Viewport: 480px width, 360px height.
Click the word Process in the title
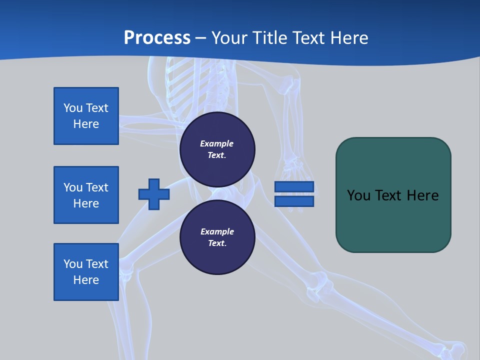click(x=157, y=38)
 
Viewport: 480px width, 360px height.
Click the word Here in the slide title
click(x=348, y=38)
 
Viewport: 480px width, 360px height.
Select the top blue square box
click(x=86, y=116)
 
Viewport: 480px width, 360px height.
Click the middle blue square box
click(x=86, y=195)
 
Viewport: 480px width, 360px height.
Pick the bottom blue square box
click(x=86, y=272)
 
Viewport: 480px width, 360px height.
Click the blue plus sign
click(x=154, y=194)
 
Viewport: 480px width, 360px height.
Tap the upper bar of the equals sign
click(x=294, y=186)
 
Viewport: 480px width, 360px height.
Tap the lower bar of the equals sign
click(x=294, y=201)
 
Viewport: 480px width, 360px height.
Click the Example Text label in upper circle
click(x=217, y=149)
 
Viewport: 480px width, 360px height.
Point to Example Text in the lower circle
click(x=217, y=237)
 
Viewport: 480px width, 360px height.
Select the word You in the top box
click(x=73, y=108)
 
